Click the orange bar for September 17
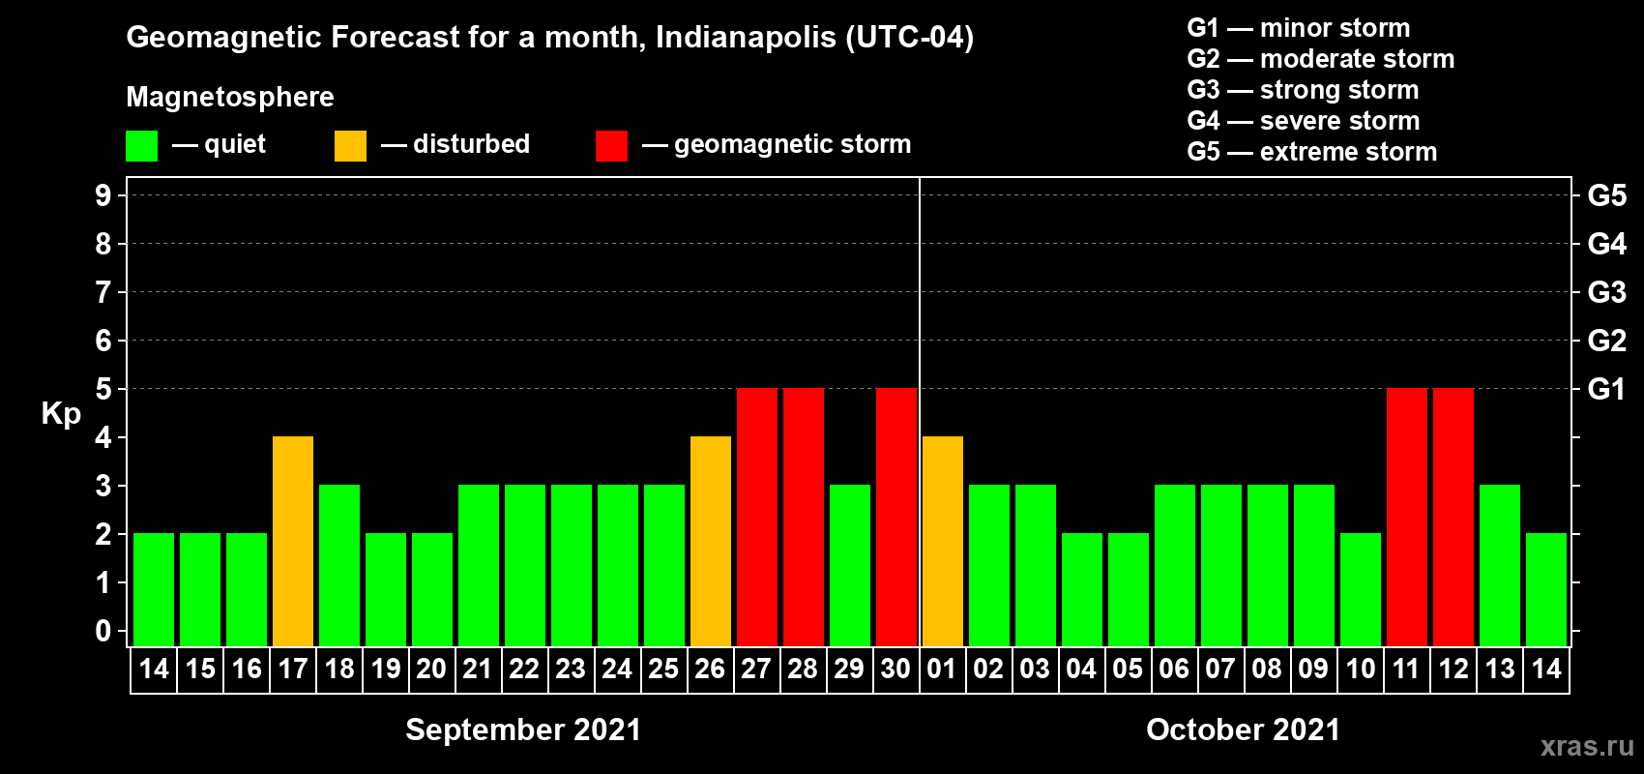[x=293, y=541]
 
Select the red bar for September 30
[x=896, y=517]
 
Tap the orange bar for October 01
[x=943, y=541]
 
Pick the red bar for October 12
[x=1453, y=517]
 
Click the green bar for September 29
[x=850, y=565]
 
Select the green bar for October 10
[x=1361, y=589]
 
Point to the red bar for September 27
[x=757, y=517]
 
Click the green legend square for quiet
[x=142, y=146]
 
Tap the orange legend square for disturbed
[x=350, y=146]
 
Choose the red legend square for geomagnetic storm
[x=611, y=146]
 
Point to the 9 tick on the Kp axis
[x=103, y=195]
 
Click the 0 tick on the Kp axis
[x=103, y=632]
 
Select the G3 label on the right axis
[x=1606, y=292]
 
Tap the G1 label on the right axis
[x=1606, y=389]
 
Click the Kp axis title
[x=61, y=414]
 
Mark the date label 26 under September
[x=710, y=670]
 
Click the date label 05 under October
[x=1128, y=670]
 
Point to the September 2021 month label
[x=523, y=729]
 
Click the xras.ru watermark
[x=1587, y=746]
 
